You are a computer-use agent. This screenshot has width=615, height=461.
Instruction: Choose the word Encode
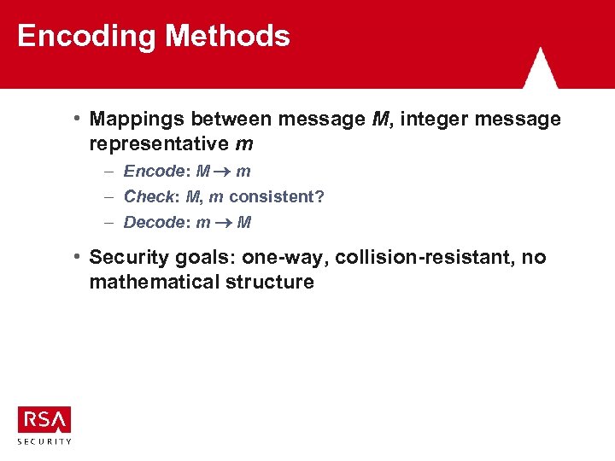click(155, 172)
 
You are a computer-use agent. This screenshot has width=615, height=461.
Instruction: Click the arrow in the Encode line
click(225, 172)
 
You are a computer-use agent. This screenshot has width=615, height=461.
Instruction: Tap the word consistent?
click(277, 197)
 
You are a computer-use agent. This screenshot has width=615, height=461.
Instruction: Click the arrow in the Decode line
click(225, 224)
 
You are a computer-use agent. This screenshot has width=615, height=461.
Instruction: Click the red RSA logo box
click(44, 419)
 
